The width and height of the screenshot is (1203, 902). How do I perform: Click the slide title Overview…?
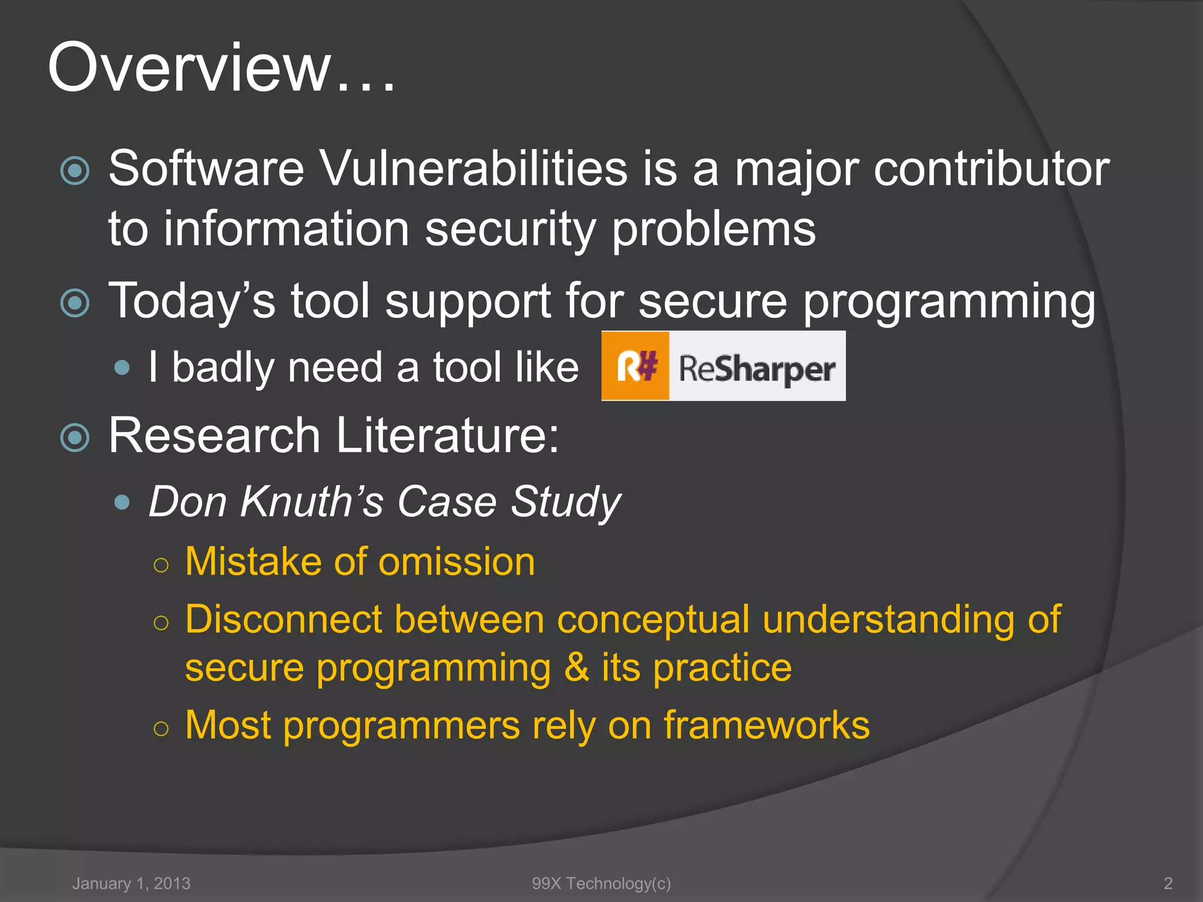coord(221,68)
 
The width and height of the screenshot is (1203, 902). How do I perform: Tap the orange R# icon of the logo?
coord(636,366)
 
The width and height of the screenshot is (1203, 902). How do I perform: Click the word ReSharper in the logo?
coord(757,369)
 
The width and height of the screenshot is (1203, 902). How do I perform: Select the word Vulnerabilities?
coord(473,169)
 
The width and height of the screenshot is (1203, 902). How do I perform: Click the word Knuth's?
coord(311,502)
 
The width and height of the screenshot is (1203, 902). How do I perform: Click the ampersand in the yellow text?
coord(576,668)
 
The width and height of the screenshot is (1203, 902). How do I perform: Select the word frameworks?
coord(767,725)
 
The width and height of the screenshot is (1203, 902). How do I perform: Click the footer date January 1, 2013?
coord(131,883)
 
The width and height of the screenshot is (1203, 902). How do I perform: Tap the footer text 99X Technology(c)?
coord(601,883)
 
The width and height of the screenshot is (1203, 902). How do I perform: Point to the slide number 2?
coord(1168,883)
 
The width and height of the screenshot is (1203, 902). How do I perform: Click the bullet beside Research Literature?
coord(75,437)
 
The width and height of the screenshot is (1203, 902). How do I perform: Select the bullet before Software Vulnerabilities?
coord(75,171)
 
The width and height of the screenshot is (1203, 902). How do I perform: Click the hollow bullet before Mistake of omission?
coord(160,565)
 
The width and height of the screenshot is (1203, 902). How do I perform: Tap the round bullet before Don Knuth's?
coord(122,502)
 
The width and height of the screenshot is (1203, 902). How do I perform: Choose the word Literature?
coord(448,436)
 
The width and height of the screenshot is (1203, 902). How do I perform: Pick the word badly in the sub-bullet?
coord(223,368)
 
